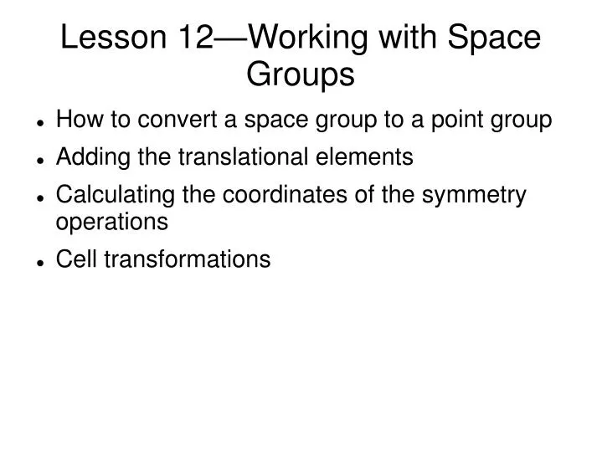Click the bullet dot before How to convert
tap(40, 122)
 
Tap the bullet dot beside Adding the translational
tap(40, 158)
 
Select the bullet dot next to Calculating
tap(40, 197)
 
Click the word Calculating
tap(104, 195)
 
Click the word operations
tap(111, 222)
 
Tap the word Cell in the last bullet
tap(73, 259)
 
